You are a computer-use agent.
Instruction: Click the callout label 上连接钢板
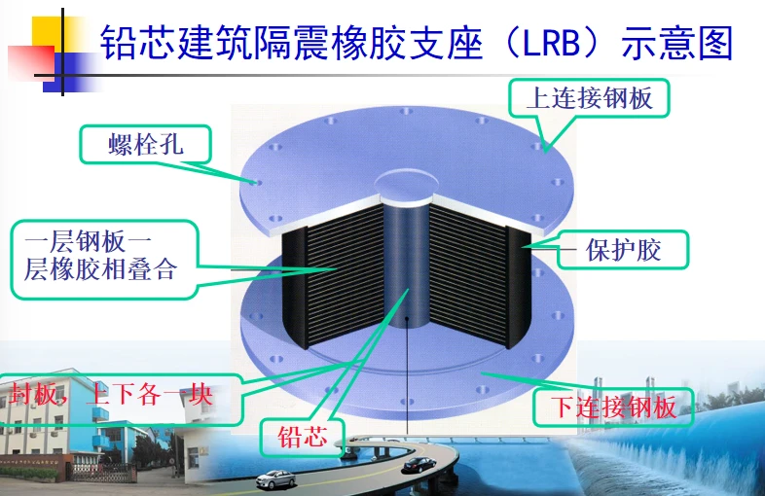589,98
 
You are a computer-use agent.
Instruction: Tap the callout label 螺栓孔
145,144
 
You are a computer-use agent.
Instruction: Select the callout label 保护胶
623,250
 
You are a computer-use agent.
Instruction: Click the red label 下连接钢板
613,407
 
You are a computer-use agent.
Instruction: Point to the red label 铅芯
303,437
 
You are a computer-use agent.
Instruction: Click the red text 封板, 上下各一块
111,394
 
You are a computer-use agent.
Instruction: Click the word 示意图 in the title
677,44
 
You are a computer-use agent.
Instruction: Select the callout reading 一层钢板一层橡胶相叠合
100,256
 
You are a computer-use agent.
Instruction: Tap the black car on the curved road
419,465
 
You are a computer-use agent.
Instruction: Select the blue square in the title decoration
71,73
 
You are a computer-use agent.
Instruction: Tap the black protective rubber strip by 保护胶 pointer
518,288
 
